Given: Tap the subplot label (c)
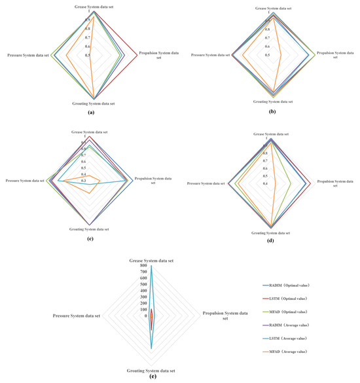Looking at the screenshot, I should click(x=90, y=240).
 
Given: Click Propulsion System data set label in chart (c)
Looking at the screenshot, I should click(x=154, y=180).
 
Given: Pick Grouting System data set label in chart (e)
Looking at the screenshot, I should click(x=151, y=370).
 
